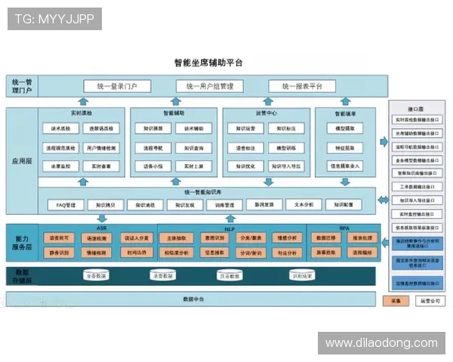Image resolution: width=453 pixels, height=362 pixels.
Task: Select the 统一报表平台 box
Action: [301, 86]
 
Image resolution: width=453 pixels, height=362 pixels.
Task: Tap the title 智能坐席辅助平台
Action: [208, 63]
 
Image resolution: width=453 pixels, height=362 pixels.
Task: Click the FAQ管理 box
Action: [66, 204]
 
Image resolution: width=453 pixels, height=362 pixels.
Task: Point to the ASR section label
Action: [101, 227]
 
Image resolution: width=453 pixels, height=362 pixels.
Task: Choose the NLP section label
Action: [230, 227]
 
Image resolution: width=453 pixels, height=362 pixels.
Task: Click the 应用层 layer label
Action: [21, 161]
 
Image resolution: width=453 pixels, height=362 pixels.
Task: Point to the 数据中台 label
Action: [194, 299]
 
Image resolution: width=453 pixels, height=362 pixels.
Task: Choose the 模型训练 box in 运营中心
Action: [291, 147]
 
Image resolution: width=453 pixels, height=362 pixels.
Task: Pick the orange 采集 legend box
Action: [396, 300]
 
